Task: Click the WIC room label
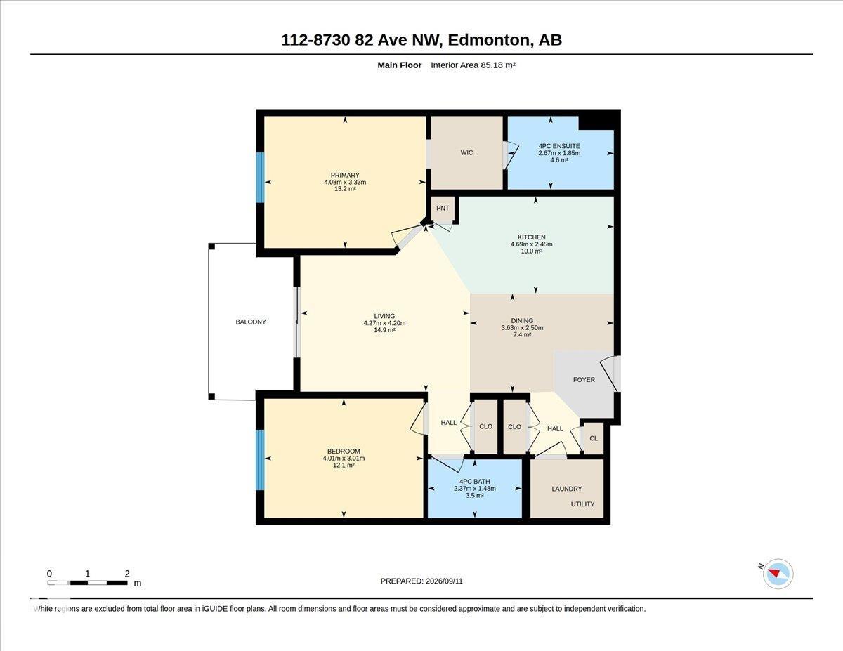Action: point(466,153)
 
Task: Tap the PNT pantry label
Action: point(443,208)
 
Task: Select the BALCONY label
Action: point(251,322)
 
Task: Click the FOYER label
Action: point(584,380)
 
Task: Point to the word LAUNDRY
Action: point(567,489)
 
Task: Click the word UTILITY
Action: point(582,504)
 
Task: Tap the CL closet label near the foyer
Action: point(594,438)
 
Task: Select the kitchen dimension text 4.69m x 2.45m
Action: point(532,244)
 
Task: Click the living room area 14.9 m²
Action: point(384,330)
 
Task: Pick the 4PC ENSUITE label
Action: point(559,146)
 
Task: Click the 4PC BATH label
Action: point(474,482)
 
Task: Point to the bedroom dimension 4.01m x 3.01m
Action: point(344,459)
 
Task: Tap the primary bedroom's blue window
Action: point(261,177)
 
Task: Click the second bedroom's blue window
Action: point(260,459)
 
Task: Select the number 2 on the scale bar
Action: point(127,574)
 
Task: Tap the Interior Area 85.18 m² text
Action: point(473,65)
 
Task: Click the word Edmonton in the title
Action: point(489,40)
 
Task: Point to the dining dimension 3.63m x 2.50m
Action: point(522,328)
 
